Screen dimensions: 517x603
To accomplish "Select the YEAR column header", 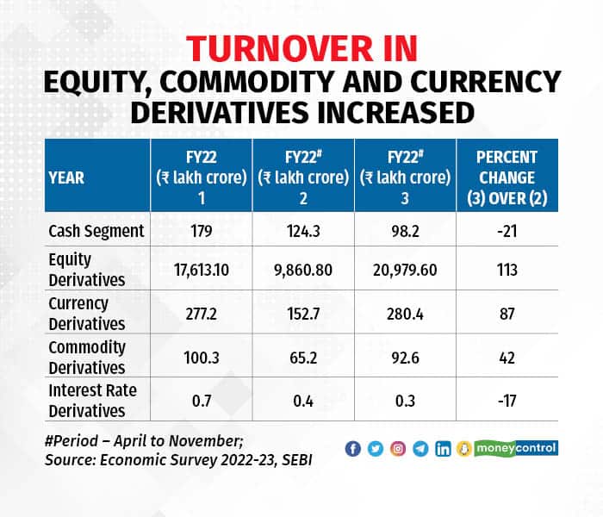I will coord(66,179).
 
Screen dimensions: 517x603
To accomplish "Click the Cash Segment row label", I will coord(96,231).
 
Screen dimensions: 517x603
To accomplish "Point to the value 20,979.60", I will coord(405,269).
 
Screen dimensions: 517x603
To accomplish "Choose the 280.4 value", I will coord(405,314).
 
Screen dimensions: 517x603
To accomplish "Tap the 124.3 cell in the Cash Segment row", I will coord(303,231).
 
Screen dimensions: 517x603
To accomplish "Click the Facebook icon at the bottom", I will coord(352,449).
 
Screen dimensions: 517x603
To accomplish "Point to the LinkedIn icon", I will coord(443,449).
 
